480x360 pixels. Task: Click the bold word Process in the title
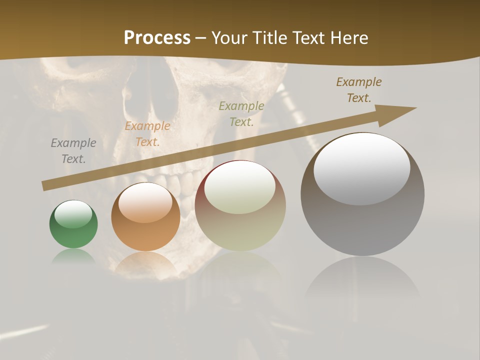coord(157,38)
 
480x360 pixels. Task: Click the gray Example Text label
coord(73,151)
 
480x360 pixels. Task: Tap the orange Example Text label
coord(147,134)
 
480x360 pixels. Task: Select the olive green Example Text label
coord(241,113)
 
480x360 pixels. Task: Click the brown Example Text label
coord(359,90)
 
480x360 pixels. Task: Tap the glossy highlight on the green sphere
coord(73,214)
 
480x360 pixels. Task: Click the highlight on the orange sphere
coord(145,202)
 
